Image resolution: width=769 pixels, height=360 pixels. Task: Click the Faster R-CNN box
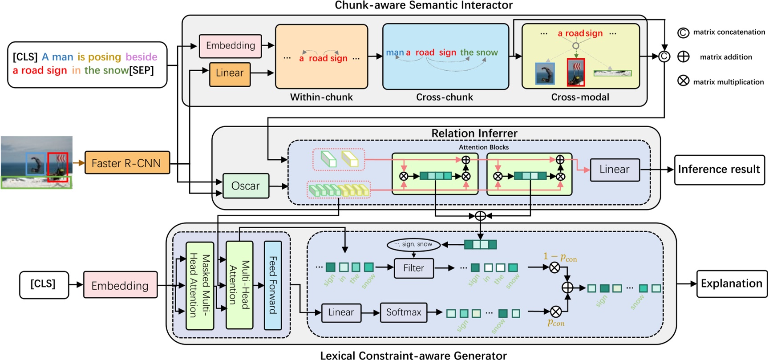127,163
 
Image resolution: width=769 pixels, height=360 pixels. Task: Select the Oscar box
245,186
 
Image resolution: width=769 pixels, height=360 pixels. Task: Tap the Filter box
413,268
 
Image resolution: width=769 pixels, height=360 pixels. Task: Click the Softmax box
403,312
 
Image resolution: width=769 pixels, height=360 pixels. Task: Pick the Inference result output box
719,170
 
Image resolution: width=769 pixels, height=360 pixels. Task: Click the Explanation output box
731,284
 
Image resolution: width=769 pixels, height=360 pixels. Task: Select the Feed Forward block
273,285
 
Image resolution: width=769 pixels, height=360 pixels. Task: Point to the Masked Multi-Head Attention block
199,285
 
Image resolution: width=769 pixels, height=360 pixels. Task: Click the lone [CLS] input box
43,284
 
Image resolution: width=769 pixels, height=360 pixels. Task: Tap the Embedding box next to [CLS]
120,285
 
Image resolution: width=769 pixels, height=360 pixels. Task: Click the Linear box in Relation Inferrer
614,170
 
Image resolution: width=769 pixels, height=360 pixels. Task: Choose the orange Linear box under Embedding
230,73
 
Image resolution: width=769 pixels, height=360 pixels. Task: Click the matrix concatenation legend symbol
683,32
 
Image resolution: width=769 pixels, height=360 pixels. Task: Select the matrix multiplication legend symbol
683,81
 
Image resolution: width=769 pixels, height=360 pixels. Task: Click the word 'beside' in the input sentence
141,57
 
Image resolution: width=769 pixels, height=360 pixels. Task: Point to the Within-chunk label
321,97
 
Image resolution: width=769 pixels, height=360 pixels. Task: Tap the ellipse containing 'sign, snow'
413,244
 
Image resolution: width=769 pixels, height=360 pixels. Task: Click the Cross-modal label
580,97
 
